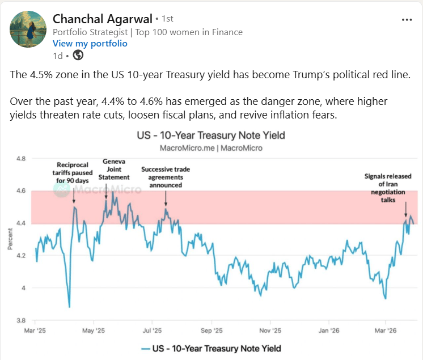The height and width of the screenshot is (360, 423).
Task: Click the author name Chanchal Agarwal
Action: point(102,19)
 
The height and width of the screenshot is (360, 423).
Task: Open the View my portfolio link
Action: point(90,44)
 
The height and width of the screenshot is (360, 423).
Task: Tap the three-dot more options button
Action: point(407,19)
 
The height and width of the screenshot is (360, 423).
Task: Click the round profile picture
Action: point(28,29)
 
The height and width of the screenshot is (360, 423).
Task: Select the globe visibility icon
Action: point(78,55)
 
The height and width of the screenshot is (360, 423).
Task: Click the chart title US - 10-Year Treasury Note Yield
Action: point(210,135)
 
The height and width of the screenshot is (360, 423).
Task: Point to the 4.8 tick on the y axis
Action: point(22,159)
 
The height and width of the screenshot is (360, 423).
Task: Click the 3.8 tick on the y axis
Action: point(22,320)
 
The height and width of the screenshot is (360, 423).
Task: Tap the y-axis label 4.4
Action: point(22,223)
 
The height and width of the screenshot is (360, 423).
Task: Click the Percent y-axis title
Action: point(10,239)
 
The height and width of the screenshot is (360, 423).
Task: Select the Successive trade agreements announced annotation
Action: point(166,177)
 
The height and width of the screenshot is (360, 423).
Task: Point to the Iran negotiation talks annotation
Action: point(384,184)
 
